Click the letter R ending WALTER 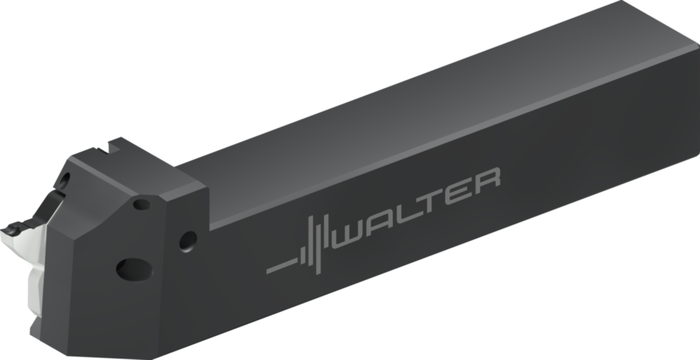point(487,180)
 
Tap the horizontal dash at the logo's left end point(282,266)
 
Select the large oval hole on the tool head point(135,269)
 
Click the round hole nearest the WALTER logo point(188,241)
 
